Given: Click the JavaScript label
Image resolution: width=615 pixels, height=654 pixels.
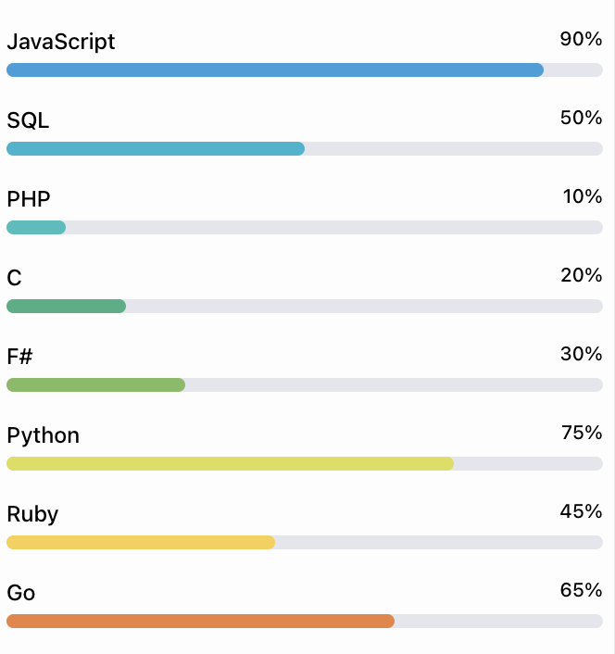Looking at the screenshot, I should tap(61, 42).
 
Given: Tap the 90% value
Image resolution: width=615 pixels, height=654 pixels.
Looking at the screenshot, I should tap(581, 39).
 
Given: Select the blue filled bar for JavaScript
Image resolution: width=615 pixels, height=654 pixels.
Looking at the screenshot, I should tap(275, 70).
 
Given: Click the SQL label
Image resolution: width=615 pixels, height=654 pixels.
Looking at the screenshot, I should tap(28, 120).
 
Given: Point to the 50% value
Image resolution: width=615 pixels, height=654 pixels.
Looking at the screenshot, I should tap(581, 118).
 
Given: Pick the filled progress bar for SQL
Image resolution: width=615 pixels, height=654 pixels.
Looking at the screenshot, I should tap(156, 149).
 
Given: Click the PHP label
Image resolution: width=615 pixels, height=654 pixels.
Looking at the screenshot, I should tap(29, 199).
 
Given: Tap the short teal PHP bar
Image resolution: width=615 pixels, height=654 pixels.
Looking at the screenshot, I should tap(36, 228).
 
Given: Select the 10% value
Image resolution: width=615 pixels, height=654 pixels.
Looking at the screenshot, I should tap(583, 196).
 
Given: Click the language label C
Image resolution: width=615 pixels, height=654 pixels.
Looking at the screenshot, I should tap(14, 278).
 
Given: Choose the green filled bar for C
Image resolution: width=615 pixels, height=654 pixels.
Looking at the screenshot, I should tap(66, 307).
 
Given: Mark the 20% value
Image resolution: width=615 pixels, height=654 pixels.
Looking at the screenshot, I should tap(581, 275).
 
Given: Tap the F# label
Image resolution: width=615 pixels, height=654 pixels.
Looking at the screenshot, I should tap(20, 357).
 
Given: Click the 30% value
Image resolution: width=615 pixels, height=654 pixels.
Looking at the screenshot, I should tap(581, 354).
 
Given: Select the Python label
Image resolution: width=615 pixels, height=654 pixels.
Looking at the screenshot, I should tap(43, 435).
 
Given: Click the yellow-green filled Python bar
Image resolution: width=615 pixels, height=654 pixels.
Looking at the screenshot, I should tap(230, 464).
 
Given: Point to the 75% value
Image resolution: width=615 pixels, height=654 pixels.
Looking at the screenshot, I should tap(582, 433).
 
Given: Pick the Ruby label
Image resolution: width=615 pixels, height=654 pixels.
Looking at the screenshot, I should tap(32, 514).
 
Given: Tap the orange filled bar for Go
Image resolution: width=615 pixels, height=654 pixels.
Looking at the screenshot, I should tap(200, 622).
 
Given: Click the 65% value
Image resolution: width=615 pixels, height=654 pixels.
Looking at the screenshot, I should tap(581, 590).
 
